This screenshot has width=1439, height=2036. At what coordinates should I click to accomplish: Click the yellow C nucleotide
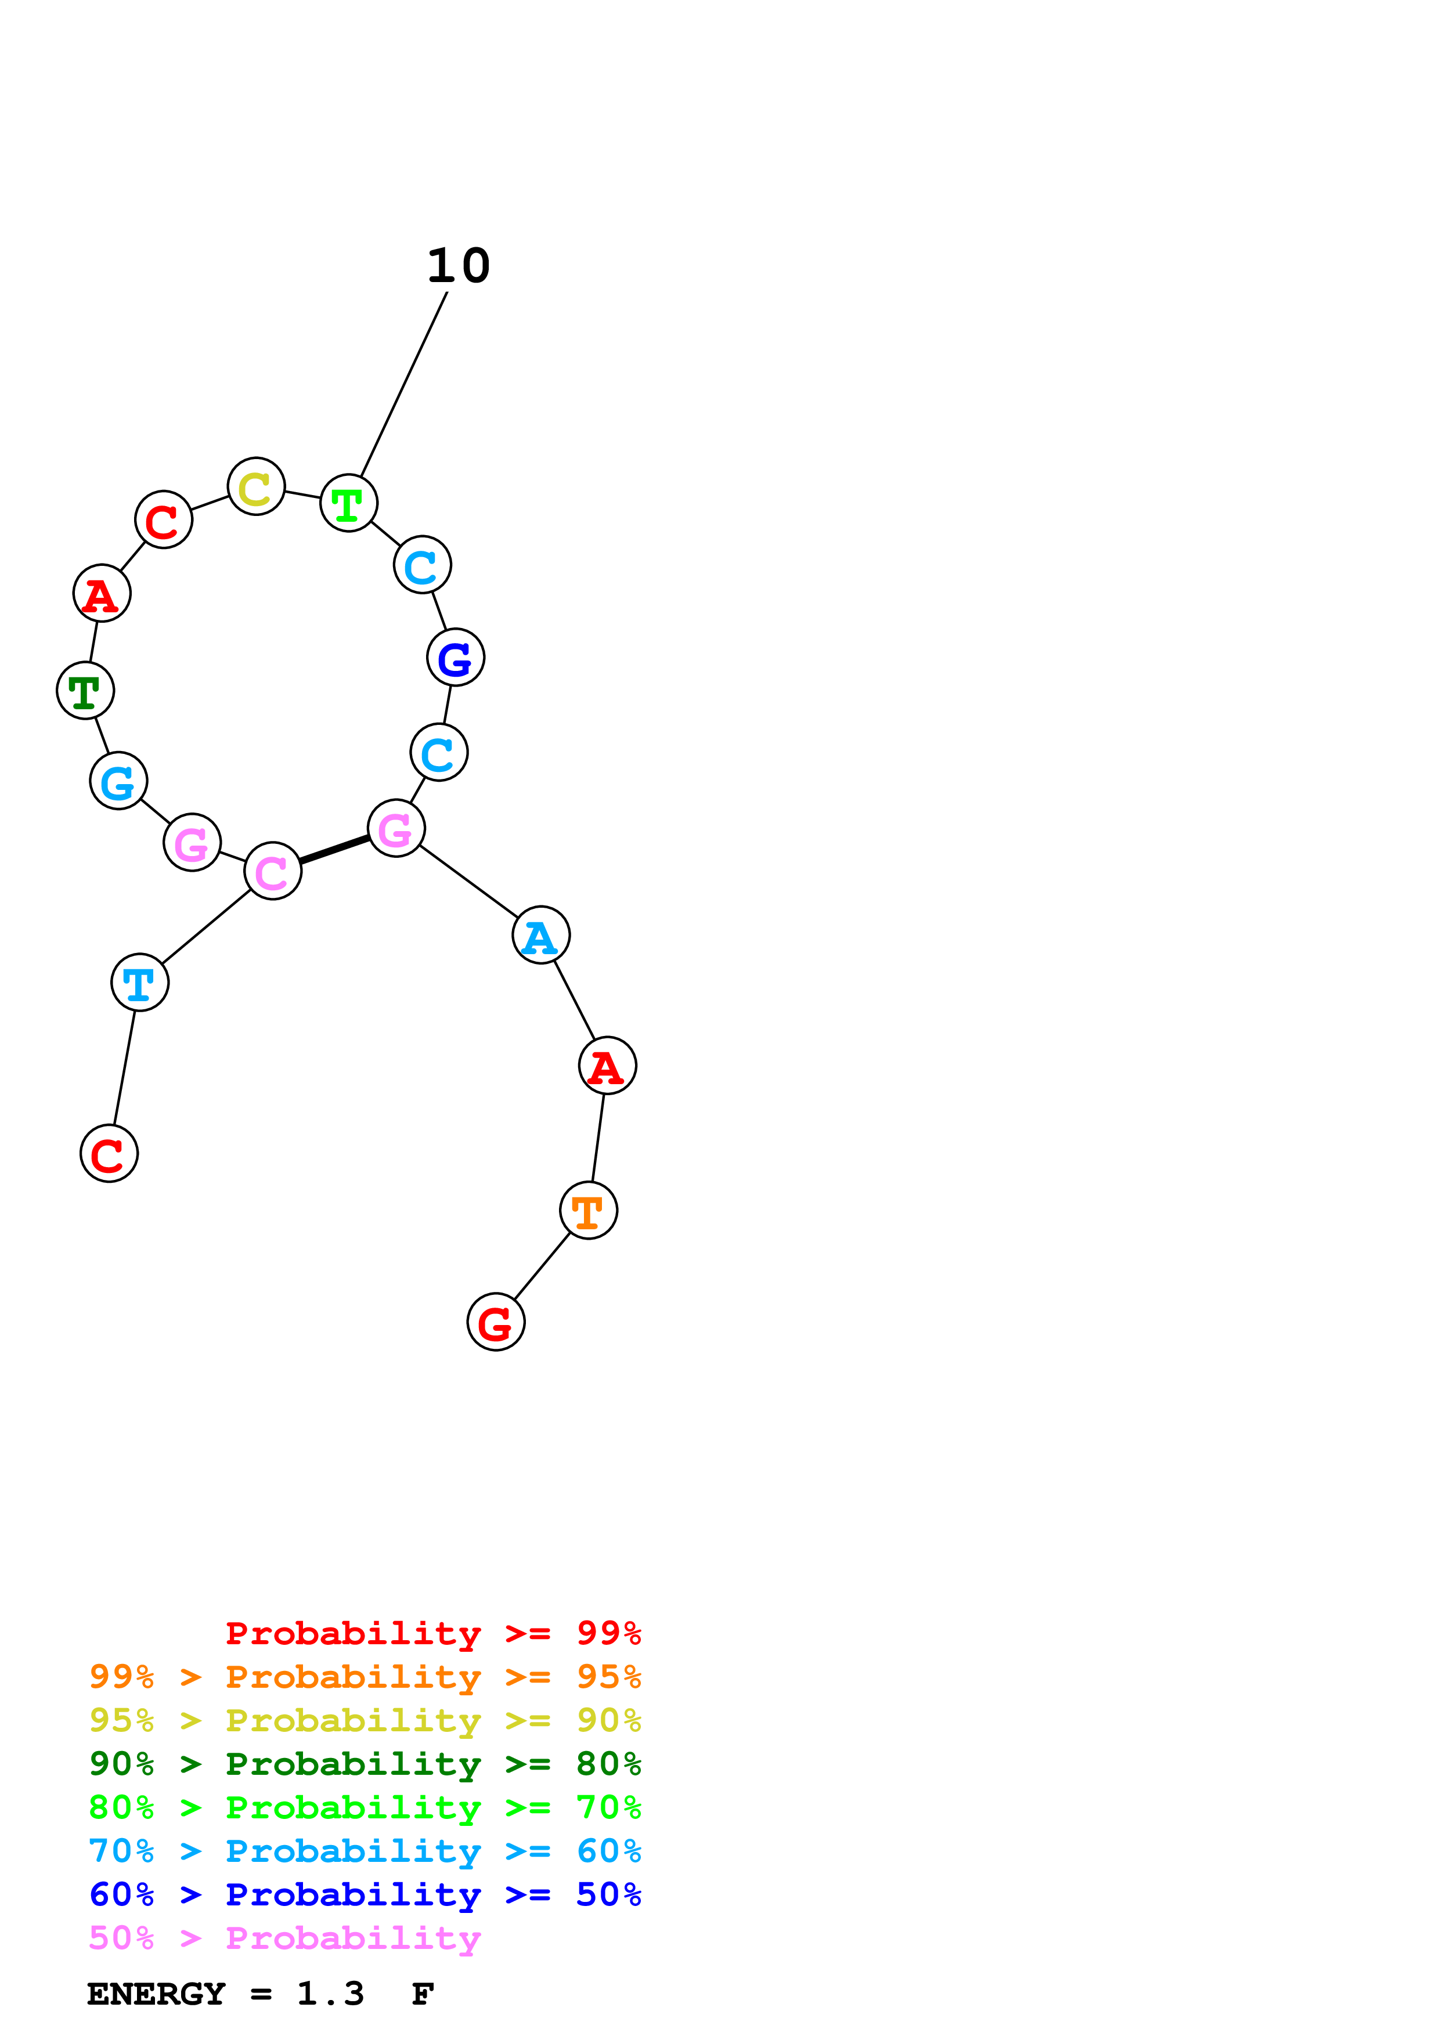click(256, 487)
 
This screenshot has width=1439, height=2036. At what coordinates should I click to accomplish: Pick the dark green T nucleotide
click(85, 691)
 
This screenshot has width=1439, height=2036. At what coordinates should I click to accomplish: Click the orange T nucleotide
click(589, 1211)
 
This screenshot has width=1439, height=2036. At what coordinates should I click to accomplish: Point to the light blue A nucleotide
click(541, 936)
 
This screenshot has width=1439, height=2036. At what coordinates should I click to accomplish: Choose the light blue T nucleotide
click(140, 983)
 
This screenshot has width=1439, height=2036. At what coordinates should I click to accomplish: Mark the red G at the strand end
click(496, 1322)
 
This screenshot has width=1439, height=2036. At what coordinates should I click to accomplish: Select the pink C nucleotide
click(273, 872)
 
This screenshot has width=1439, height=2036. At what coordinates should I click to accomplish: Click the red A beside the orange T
click(607, 1066)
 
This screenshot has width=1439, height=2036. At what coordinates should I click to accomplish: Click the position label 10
click(459, 266)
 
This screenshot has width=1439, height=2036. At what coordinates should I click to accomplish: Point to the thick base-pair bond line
click(334, 850)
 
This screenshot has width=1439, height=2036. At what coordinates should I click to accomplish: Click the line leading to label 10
click(403, 385)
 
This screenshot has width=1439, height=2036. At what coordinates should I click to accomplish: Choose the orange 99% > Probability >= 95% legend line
click(365, 1677)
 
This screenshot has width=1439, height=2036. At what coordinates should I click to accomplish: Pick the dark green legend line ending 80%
click(365, 1764)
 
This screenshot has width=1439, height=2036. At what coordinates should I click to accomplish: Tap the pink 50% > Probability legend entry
click(284, 1938)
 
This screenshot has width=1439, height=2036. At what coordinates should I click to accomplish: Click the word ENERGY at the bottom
click(156, 1994)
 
